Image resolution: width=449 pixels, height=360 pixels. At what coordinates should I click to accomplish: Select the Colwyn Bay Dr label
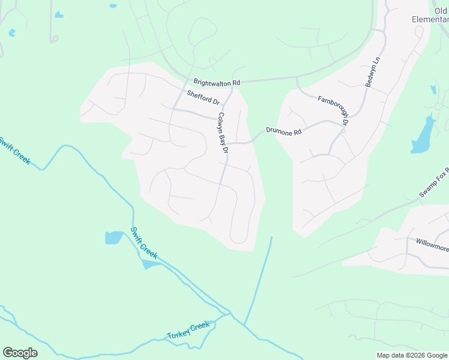223,132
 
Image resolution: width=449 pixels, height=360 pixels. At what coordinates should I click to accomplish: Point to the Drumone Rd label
283,131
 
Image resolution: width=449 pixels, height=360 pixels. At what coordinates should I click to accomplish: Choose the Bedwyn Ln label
372,72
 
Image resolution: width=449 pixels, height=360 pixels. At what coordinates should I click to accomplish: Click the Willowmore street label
432,244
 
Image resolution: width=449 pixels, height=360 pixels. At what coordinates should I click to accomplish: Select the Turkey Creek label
188,329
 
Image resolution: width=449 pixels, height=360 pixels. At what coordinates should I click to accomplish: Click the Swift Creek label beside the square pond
144,243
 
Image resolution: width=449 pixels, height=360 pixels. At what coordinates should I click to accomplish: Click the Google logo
20,353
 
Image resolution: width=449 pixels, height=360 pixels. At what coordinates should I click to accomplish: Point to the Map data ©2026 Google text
412,355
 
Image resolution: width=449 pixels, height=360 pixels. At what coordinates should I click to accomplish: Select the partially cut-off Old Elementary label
430,15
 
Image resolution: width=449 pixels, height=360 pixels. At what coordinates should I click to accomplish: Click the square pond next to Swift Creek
113,238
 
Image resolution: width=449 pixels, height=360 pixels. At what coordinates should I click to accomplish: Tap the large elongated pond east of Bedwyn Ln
423,135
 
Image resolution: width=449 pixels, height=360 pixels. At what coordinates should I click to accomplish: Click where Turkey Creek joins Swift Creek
229,313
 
